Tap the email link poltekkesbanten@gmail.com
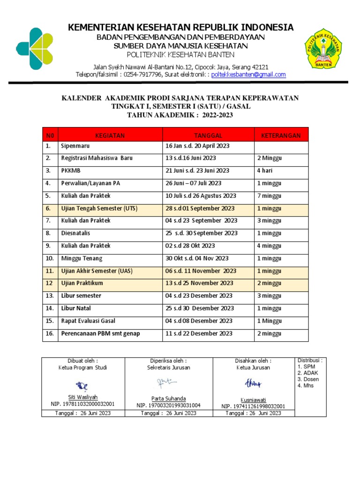pyautogui.click(x=248, y=75)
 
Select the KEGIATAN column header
pyautogui.click(x=110, y=135)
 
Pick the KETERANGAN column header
pyautogui.click(x=281, y=135)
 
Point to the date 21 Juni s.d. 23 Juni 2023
pyautogui.click(x=196, y=171)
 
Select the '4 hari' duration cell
pyautogui.click(x=265, y=171)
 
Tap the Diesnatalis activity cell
pyautogui.click(x=75, y=233)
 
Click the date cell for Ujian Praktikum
pyautogui.click(x=199, y=283)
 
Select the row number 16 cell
pyautogui.click(x=50, y=333)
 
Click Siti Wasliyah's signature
pyautogui.click(x=83, y=386)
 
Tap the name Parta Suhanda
pyautogui.click(x=168, y=398)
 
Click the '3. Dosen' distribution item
pyautogui.click(x=306, y=379)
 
